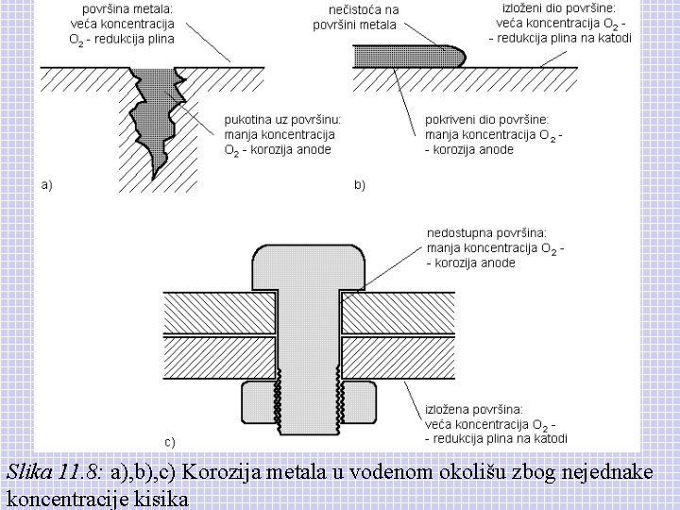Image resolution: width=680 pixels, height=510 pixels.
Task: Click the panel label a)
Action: tap(46, 184)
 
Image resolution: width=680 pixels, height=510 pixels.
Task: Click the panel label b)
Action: tap(360, 184)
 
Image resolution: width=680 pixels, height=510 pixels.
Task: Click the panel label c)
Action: tap(170, 440)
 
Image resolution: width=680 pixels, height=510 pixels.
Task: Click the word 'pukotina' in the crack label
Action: tap(247, 120)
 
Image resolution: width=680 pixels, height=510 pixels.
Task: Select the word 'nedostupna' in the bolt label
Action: tap(458, 234)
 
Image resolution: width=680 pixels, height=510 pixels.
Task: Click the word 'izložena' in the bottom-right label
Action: tap(451, 410)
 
